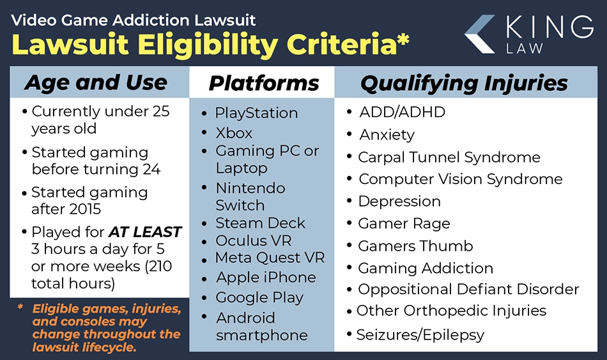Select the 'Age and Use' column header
(96, 82)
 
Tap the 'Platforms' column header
(264, 83)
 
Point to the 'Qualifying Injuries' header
(464, 83)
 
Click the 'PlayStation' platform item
(256, 113)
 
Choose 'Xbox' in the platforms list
(234, 133)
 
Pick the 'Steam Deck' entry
(260, 223)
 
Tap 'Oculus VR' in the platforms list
(253, 240)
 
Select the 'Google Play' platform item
(259, 297)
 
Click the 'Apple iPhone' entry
(266, 278)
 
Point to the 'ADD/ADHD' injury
(402, 112)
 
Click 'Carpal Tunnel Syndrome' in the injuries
(449, 157)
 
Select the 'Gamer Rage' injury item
(404, 224)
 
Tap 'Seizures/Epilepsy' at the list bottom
(420, 335)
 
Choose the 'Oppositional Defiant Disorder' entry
(468, 290)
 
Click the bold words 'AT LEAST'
(145, 231)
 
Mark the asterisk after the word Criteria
(403, 39)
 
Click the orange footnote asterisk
(20, 307)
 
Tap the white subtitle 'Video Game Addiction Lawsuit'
(133, 20)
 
